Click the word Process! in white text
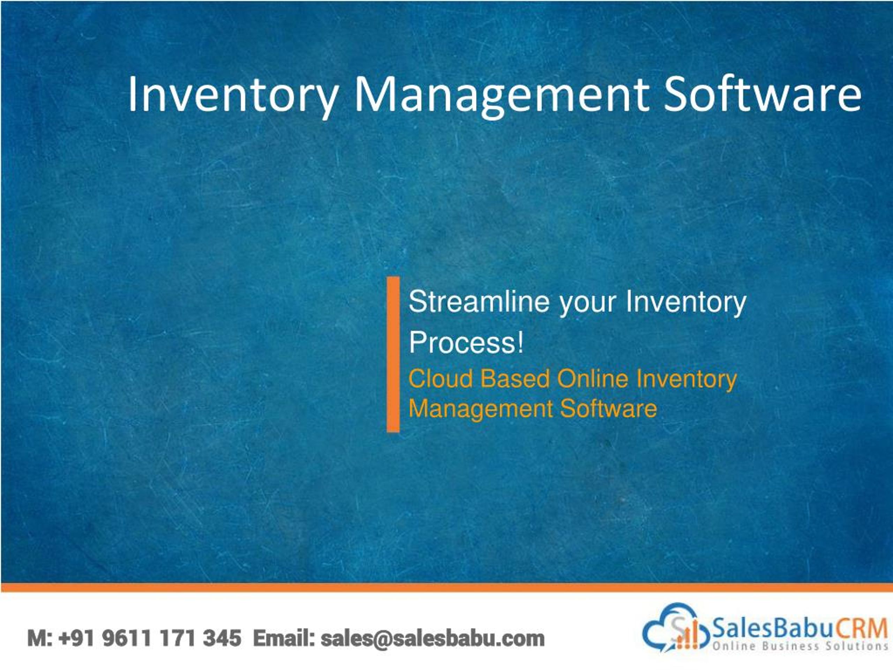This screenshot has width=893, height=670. coord(466,342)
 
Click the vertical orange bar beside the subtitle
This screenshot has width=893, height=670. coord(393,354)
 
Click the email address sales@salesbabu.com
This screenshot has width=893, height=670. coord(432,638)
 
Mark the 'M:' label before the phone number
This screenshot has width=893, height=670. coord(39,638)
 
